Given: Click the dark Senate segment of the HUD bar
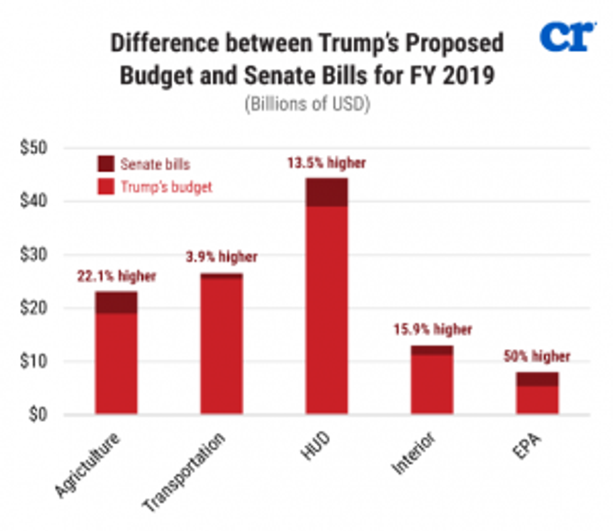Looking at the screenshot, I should click(x=327, y=192).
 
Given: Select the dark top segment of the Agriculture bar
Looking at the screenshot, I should click(x=116, y=302).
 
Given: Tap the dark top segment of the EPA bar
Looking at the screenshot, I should click(x=537, y=379).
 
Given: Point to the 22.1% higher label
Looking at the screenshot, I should click(x=116, y=276).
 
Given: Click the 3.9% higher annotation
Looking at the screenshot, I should click(x=221, y=257).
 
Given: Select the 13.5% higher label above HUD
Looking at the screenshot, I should click(x=327, y=163).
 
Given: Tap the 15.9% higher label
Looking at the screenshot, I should click(x=432, y=330).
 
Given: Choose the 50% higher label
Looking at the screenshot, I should click(x=537, y=357).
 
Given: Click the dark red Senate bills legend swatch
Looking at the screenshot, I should click(x=106, y=164).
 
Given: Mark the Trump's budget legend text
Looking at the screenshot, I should click(x=166, y=186).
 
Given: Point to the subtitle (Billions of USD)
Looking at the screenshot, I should click(x=306, y=104).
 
